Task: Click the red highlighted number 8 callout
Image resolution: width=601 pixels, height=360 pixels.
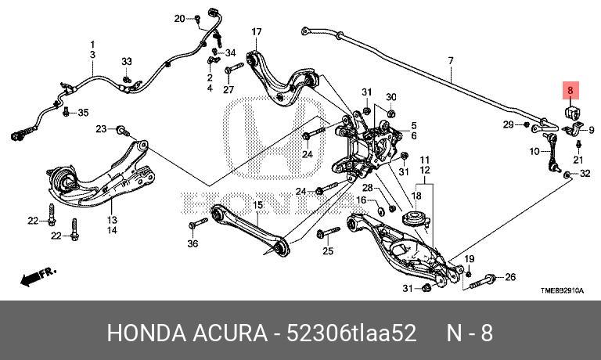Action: pyautogui.click(x=570, y=91)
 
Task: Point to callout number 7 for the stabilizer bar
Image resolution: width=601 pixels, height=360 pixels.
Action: pyautogui.click(x=451, y=60)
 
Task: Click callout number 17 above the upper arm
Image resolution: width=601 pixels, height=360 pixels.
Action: pyautogui.click(x=256, y=31)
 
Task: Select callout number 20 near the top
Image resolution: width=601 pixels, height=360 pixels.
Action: pyautogui.click(x=179, y=17)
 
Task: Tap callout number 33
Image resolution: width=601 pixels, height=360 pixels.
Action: pyautogui.click(x=127, y=61)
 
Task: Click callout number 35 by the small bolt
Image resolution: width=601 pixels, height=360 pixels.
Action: pyautogui.click(x=83, y=113)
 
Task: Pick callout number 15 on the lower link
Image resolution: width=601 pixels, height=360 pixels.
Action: pyautogui.click(x=256, y=205)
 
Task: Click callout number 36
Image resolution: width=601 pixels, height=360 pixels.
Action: pyautogui.click(x=193, y=244)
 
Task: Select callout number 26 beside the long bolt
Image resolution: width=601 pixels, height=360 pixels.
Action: pyautogui.click(x=510, y=278)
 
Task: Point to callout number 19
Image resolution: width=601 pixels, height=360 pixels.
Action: pyautogui.click(x=470, y=259)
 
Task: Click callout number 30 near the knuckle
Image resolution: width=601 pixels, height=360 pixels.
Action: pyautogui.click(x=392, y=97)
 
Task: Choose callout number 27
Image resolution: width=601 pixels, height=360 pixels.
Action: pyautogui.click(x=229, y=89)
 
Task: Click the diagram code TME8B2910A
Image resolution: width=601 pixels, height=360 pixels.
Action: pyautogui.click(x=562, y=290)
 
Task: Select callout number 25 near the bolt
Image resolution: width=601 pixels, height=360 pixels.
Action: pyautogui.click(x=328, y=251)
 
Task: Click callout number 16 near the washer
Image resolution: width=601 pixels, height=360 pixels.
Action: pyautogui.click(x=362, y=200)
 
